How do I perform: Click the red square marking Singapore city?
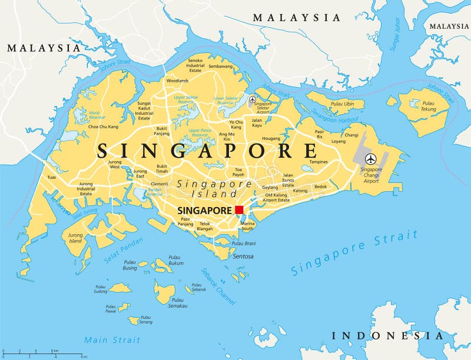pyautogui.click(x=239, y=210)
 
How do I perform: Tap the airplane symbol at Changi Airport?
pyautogui.click(x=370, y=159)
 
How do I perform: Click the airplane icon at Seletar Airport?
pyautogui.click(x=253, y=100)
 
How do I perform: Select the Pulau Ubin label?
pyautogui.click(x=342, y=104)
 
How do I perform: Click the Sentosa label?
pyautogui.click(x=243, y=256)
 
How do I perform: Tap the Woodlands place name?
pyautogui.click(x=177, y=81)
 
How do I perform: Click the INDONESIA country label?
pyautogui.click(x=387, y=336)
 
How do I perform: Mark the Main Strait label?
pyautogui.click(x=112, y=340)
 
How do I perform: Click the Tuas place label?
pyautogui.click(x=52, y=177)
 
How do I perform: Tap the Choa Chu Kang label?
pyautogui.click(x=103, y=126)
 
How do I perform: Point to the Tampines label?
pyautogui.click(x=319, y=162)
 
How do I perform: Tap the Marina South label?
pyautogui.click(x=247, y=226)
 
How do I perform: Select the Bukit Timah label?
pyautogui.click(x=161, y=169)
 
